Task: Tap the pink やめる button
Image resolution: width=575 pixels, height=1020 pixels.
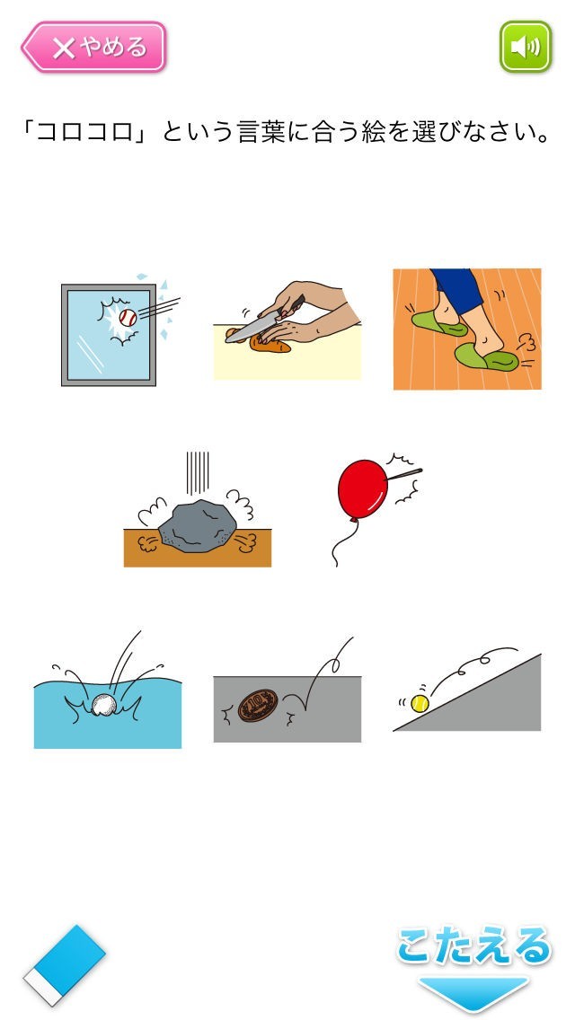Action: [94, 47]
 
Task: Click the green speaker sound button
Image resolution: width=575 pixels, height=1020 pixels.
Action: [526, 47]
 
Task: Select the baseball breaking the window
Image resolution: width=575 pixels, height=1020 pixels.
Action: [128, 318]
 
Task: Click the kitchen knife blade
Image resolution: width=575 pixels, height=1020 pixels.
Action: [254, 330]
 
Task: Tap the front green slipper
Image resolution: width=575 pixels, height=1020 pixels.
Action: [486, 356]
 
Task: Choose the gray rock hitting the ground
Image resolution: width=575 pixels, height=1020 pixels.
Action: [198, 526]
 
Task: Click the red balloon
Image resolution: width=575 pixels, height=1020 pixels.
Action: [363, 488]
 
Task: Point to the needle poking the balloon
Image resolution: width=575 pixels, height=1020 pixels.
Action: [403, 475]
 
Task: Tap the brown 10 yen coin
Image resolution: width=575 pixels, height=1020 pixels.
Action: [258, 705]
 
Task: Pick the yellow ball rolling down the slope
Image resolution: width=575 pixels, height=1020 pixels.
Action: [420, 703]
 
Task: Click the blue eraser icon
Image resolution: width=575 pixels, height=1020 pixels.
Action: [65, 964]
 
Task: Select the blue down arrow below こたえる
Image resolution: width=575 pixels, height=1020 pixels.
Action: [473, 993]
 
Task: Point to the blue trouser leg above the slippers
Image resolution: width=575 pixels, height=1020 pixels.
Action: [458, 289]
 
